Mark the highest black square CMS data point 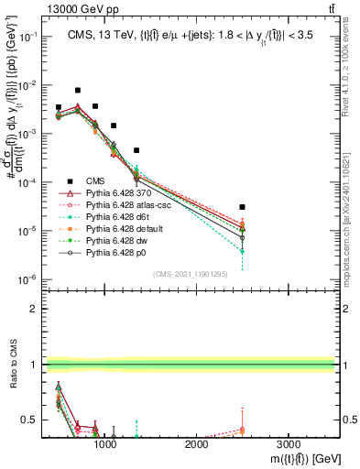click(x=78, y=91)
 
